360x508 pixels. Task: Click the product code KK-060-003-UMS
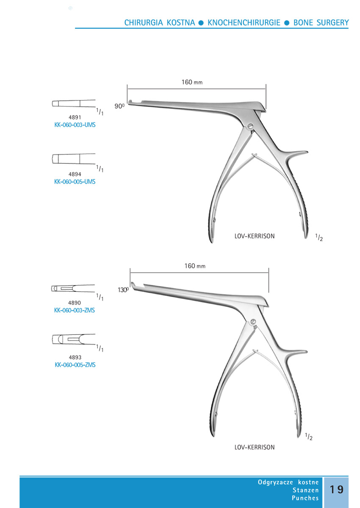click(75, 125)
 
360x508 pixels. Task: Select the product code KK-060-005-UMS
click(75, 182)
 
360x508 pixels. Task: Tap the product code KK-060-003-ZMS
click(75, 310)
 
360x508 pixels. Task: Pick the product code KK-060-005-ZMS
click(75, 365)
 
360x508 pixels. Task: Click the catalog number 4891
click(75, 117)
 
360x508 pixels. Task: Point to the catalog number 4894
click(75, 174)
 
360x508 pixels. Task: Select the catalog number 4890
click(75, 303)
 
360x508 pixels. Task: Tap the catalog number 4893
click(75, 357)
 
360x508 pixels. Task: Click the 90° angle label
click(119, 106)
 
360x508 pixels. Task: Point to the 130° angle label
click(123, 290)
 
